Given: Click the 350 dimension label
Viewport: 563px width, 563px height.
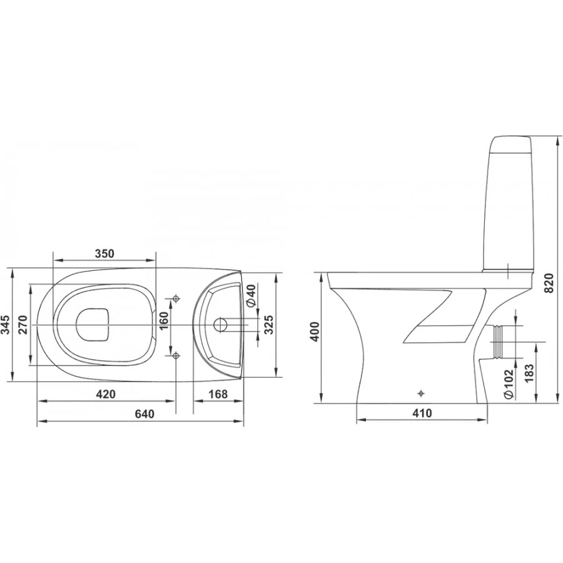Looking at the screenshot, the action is click(104, 253).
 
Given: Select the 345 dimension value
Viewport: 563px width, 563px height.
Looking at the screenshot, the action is click(6, 325).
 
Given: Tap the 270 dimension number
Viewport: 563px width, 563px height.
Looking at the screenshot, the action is click(23, 325).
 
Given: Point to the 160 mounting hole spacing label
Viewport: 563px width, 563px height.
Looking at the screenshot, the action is click(163, 321).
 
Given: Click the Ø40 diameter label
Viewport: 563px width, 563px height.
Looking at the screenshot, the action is click(251, 295).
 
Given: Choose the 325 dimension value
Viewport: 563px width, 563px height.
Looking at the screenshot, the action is click(269, 325).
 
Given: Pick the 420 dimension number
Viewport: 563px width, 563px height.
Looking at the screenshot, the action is click(106, 394).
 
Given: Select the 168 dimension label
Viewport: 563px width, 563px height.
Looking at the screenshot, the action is click(218, 394).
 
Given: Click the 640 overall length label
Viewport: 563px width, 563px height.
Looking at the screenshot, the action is click(145, 413).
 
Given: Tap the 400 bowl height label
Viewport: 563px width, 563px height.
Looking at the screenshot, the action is click(315, 332).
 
